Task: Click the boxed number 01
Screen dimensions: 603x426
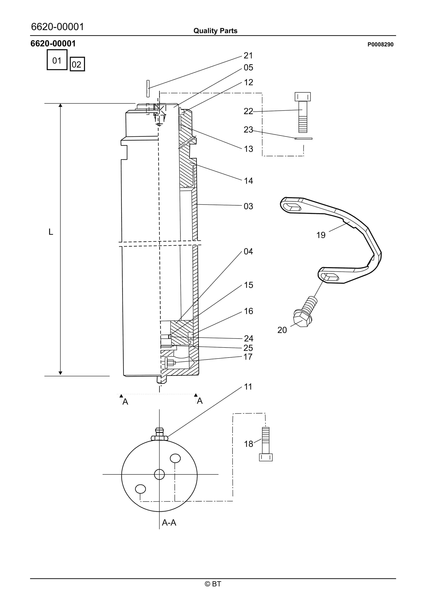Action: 57,60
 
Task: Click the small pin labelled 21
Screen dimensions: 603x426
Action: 148,88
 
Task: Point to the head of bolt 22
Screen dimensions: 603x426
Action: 302,97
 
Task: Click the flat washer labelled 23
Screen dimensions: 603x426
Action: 303,138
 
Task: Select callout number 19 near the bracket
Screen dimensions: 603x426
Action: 321,235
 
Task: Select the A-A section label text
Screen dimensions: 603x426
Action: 169,523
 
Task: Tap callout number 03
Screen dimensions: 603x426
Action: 248,206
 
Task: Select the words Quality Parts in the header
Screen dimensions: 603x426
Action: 215,31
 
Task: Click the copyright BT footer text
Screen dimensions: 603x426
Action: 213,584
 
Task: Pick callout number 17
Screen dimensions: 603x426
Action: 248,357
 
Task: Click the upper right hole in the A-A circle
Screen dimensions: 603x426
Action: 175,458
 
